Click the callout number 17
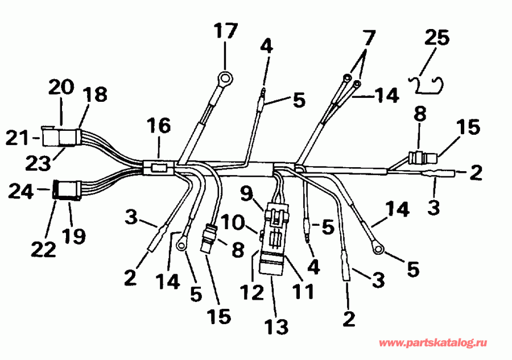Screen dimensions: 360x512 click(225, 31)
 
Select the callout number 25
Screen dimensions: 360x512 click(436, 39)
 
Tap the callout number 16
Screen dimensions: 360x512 click(159, 126)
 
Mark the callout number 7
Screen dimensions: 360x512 click(369, 39)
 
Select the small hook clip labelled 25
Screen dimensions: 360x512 click(428, 84)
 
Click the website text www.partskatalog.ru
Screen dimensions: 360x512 click(432, 344)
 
